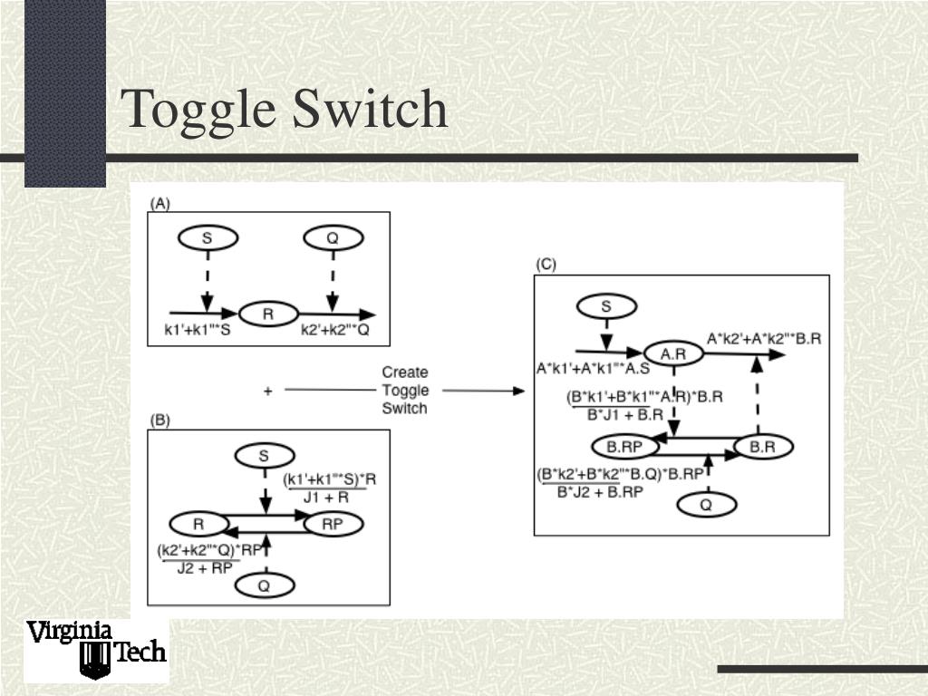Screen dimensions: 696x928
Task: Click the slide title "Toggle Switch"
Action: [x=285, y=110]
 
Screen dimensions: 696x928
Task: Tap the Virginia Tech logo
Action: [x=95, y=650]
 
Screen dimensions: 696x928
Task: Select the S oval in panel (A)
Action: [x=208, y=238]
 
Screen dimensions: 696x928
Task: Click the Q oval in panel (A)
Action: [x=333, y=238]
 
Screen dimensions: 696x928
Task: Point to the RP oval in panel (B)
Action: [x=333, y=524]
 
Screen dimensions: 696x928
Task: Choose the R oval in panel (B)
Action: [x=198, y=524]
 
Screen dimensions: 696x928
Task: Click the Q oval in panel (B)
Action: [x=264, y=585]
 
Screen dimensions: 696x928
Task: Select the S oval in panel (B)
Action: [x=264, y=455]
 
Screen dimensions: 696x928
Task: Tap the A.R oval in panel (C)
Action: [x=673, y=354]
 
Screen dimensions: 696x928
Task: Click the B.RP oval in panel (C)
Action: [x=623, y=446]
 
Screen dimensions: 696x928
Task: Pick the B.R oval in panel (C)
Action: [x=763, y=446]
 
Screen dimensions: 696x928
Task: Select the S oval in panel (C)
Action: [x=606, y=307]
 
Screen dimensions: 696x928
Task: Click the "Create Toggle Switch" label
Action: [x=404, y=390]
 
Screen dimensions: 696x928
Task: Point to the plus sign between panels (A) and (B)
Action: [x=267, y=391]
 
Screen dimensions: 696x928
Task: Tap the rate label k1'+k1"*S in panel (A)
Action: [x=198, y=331]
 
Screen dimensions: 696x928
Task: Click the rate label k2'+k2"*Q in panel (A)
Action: [x=335, y=331]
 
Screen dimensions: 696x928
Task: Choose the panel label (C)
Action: [x=546, y=265]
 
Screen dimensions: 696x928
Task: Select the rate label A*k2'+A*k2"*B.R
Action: [x=764, y=338]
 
